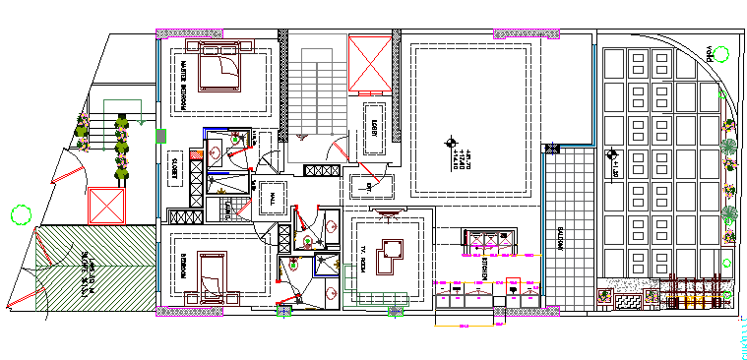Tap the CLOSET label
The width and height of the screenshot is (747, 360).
pyautogui.click(x=173, y=167)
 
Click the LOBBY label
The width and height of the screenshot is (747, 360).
pyautogui.click(x=374, y=128)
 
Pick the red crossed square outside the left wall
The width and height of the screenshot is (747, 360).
pyautogui.click(x=104, y=207)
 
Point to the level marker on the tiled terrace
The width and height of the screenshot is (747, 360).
pyautogui.click(x=612, y=154)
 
